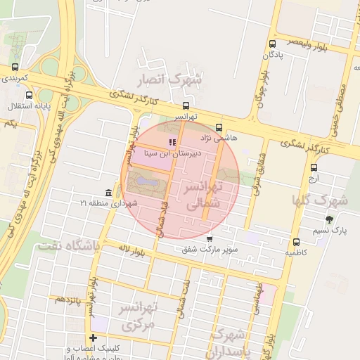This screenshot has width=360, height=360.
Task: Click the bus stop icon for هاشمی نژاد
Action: [219, 128]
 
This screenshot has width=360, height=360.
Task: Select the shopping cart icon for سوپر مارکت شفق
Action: [210, 239]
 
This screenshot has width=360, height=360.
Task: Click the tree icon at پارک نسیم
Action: [330, 219]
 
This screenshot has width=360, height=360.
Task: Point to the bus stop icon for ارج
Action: [314, 167]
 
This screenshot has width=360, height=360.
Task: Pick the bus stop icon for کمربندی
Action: [15, 67]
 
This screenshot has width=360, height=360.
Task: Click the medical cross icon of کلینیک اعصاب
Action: [93, 338]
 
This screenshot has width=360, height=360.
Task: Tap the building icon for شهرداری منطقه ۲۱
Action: [108, 193]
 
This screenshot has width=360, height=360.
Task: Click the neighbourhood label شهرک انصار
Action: [172, 79]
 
